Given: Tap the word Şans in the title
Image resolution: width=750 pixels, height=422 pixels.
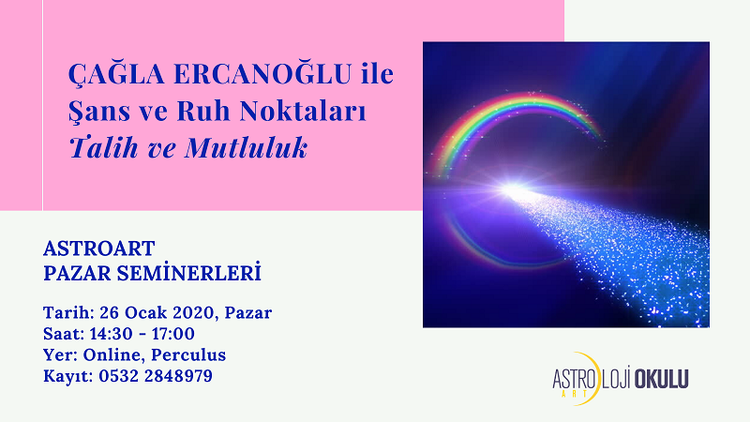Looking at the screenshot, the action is (x=99, y=112).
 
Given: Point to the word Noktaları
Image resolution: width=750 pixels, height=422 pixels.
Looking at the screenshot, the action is (x=302, y=110).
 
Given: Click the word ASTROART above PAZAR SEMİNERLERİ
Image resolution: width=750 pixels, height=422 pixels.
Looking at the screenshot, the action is (x=99, y=249).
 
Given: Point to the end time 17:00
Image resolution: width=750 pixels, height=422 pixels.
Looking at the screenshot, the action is (x=173, y=334).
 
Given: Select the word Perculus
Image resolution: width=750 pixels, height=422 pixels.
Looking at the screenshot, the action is (x=188, y=354).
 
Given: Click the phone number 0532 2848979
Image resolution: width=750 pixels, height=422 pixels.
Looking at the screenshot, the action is (x=156, y=376).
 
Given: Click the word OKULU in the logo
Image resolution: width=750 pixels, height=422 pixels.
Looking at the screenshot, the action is (x=661, y=379).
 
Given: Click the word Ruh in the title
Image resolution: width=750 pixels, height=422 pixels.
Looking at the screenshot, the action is (x=202, y=110).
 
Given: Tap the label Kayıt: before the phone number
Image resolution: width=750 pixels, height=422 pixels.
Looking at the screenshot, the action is (x=68, y=376).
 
